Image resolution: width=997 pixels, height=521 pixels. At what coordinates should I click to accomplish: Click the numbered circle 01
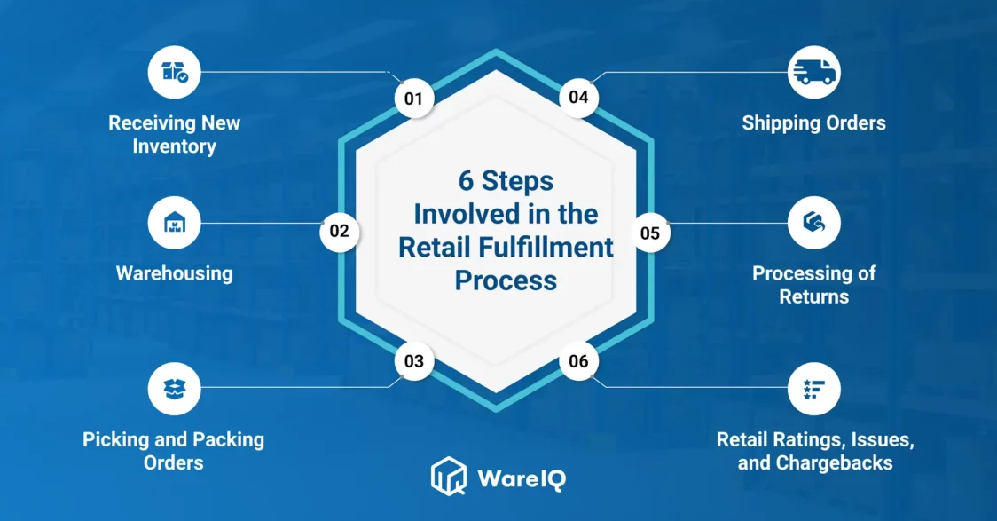(414, 99)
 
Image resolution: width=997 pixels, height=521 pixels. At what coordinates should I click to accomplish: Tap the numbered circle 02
(340, 231)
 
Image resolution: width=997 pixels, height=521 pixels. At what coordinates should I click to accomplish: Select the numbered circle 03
(414, 361)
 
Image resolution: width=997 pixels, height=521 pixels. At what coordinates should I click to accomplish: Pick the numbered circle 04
(578, 98)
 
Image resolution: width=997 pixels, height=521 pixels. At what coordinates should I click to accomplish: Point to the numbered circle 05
(650, 233)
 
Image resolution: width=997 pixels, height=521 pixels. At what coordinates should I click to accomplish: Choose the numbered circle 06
(578, 361)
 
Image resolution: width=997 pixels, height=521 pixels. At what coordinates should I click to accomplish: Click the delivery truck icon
(814, 73)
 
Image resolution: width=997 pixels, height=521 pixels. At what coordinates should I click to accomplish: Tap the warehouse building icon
(175, 223)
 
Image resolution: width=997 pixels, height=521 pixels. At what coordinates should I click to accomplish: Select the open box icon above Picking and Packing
(174, 389)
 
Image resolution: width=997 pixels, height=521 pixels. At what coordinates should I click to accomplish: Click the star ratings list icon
(814, 389)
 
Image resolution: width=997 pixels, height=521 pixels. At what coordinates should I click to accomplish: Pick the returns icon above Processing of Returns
(814, 223)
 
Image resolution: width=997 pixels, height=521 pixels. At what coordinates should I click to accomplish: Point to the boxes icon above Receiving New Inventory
(175, 72)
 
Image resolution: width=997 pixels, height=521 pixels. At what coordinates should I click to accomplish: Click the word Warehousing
(174, 273)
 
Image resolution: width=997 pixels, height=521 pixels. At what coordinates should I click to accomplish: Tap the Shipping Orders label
(814, 122)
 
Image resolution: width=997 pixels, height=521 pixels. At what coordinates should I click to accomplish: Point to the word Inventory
(174, 146)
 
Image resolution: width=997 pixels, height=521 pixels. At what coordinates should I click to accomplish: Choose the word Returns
(814, 296)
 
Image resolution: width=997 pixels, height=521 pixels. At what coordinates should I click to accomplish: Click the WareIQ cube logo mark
(449, 476)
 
